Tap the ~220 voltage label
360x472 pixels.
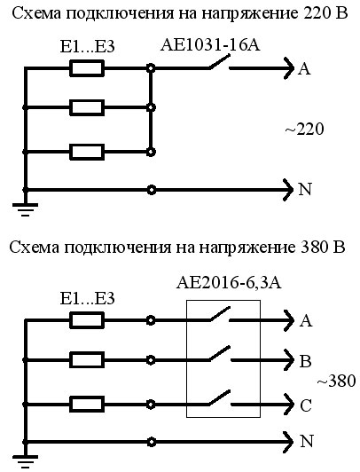click(305, 130)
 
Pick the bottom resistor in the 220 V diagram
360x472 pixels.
click(88, 152)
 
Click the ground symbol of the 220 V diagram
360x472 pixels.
click(24, 208)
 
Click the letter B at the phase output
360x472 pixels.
click(306, 361)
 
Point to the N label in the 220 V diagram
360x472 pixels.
click(306, 189)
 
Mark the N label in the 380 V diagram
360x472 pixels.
click(307, 440)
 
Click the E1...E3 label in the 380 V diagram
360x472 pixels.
click(86, 297)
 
